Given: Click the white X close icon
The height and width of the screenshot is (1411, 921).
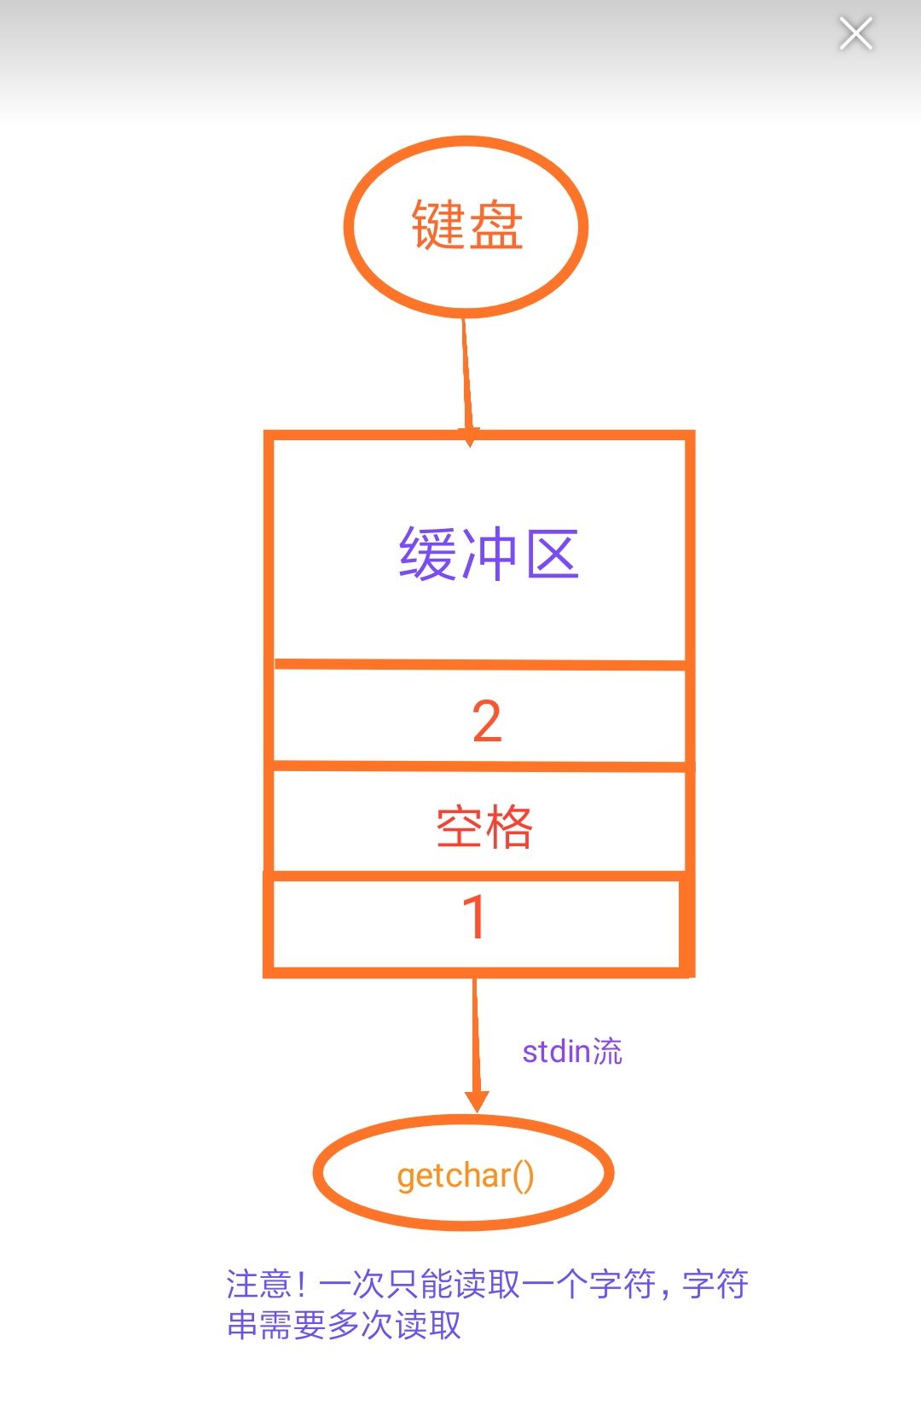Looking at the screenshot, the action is [x=855, y=34].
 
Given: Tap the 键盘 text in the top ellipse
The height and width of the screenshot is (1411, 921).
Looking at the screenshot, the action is [x=466, y=225].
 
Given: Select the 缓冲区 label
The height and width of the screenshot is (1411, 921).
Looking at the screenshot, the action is [x=489, y=555].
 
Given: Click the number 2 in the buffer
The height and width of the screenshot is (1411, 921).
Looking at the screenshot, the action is [x=487, y=722].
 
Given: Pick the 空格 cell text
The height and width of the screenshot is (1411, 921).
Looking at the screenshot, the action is [x=484, y=827].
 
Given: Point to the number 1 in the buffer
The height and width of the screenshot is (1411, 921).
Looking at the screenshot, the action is [x=474, y=918].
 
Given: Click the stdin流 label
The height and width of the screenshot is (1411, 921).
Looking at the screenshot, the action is [x=571, y=1052].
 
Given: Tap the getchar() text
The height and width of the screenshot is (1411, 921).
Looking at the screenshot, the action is [x=466, y=1176].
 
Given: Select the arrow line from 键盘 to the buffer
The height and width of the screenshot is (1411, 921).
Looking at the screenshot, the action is [x=466, y=375].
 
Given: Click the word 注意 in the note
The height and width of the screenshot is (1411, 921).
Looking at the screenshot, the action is [x=259, y=1284].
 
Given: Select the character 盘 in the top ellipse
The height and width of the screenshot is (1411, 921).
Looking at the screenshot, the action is [x=495, y=225].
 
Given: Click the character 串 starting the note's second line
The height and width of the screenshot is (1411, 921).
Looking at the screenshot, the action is [x=242, y=1325].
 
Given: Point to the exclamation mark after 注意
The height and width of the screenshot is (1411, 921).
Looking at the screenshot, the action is [x=301, y=1284].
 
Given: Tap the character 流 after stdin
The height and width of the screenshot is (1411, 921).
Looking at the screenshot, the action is [x=607, y=1052].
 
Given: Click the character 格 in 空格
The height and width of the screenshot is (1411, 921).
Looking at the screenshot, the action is [x=509, y=827].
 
